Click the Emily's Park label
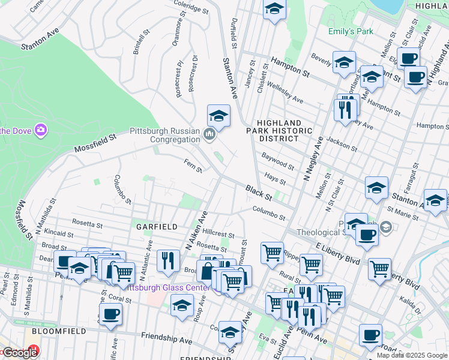351,31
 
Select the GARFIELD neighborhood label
157,227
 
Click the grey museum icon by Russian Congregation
209,133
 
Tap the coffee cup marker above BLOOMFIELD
110,313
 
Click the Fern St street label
192,165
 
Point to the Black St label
259,193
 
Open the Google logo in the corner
19,353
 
